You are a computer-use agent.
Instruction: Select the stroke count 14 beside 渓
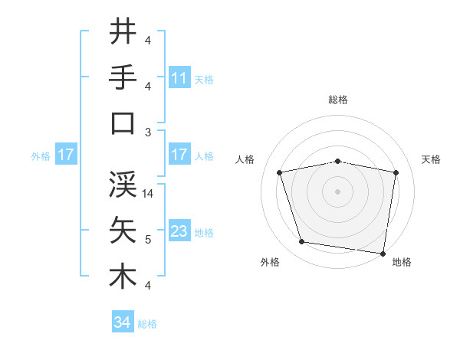pos(148,195)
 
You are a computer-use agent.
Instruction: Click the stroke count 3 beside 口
pos(148,133)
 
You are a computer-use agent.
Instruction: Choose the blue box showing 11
pos(179,77)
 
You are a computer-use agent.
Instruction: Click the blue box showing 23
pos(179,231)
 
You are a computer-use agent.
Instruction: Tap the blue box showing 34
pos(122,322)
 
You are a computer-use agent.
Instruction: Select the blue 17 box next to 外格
pos(65,155)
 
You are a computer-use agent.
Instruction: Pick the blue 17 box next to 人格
pos(179,155)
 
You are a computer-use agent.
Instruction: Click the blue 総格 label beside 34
pos(147,324)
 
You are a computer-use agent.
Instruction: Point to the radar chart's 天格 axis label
pos(432,159)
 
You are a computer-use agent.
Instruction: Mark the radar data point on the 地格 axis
pos(383,253)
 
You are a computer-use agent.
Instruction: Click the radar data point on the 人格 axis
pos(280,172)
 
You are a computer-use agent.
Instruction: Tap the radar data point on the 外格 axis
pos(302,242)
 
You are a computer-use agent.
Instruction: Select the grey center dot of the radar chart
pos(338,191)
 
